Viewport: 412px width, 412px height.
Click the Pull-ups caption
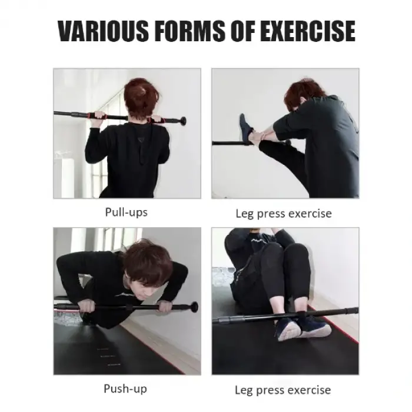126,212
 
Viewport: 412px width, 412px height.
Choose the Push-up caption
125,388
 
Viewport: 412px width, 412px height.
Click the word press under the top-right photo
278,213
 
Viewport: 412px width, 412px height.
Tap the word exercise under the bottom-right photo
306,390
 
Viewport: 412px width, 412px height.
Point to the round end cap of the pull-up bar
183,121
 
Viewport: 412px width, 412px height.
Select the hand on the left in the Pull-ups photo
97,116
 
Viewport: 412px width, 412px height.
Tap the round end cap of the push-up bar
194,307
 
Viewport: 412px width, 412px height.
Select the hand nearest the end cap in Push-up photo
165,306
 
